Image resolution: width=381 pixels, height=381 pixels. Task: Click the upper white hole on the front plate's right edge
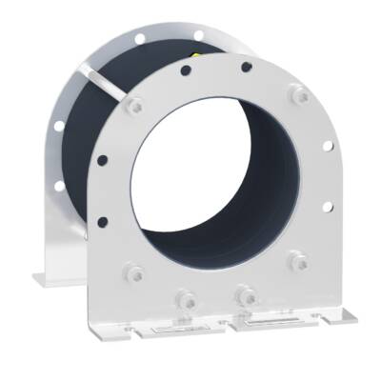click(328, 146)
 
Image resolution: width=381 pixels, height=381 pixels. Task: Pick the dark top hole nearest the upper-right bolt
click(247, 68)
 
